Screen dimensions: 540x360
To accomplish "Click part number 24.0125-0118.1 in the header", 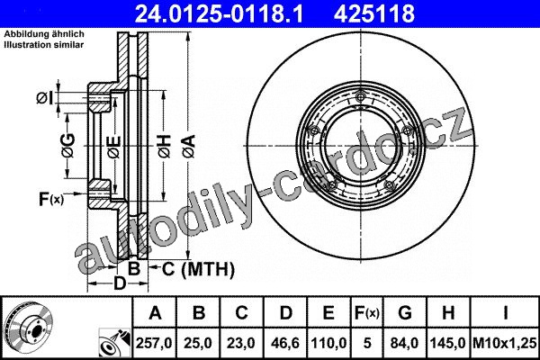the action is tap(219, 14).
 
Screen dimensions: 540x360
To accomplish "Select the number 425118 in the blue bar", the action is tap(374, 14).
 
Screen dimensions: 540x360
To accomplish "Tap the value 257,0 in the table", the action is tap(154, 343).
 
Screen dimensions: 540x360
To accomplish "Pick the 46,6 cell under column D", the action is tap(285, 343).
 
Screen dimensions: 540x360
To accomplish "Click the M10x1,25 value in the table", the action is tap(505, 343).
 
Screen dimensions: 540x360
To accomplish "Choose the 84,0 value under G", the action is tap(405, 343).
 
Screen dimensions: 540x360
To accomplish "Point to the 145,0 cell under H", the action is tap(448, 343).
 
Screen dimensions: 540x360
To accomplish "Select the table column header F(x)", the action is tap(367, 313).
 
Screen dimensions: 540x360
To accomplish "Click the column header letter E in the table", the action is tap(328, 313).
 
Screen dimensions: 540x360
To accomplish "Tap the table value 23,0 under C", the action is tap(241, 343).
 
